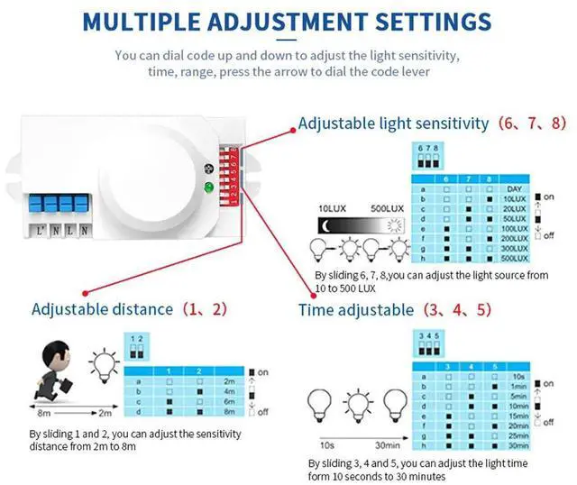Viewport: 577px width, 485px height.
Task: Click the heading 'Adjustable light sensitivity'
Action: click(394, 123)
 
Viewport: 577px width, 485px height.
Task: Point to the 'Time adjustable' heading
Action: click(357, 310)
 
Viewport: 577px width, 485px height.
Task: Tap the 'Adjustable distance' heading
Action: click(102, 309)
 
